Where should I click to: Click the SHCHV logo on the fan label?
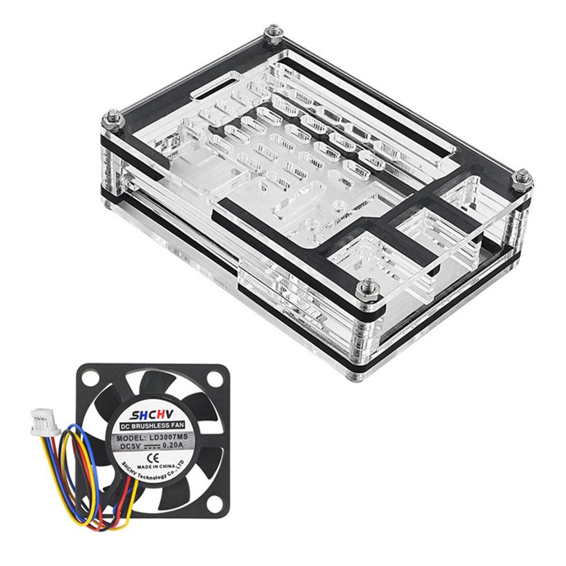(153, 413)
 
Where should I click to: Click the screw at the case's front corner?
(362, 290)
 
